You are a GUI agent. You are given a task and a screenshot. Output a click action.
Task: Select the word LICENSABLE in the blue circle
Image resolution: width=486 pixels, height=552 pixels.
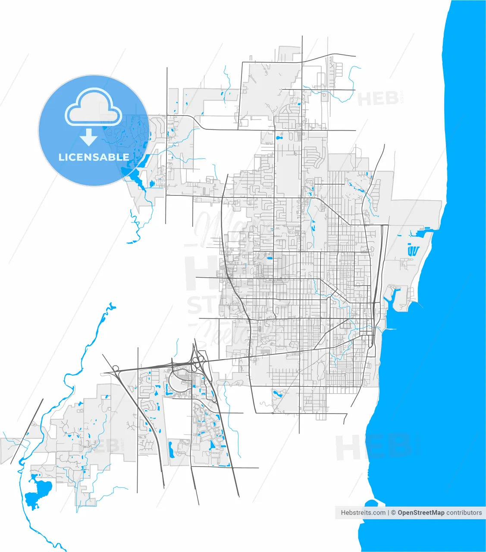[94, 157]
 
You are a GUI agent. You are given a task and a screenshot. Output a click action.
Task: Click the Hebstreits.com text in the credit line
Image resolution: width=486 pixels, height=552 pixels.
[363, 513]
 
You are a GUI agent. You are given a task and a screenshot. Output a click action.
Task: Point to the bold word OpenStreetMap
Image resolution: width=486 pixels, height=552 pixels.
[421, 513]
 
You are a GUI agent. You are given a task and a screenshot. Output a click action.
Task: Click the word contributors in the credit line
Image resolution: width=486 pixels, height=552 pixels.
[464, 513]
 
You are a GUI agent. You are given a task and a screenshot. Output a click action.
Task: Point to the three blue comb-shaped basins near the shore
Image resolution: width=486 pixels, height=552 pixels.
[413, 250]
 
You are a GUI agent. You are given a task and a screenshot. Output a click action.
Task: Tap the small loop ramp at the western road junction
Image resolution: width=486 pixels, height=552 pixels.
[115, 369]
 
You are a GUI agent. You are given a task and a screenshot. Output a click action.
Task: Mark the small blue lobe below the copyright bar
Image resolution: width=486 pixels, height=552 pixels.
[370, 504]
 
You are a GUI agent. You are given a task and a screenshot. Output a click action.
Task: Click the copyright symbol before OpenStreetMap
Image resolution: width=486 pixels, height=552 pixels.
[393, 513]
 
